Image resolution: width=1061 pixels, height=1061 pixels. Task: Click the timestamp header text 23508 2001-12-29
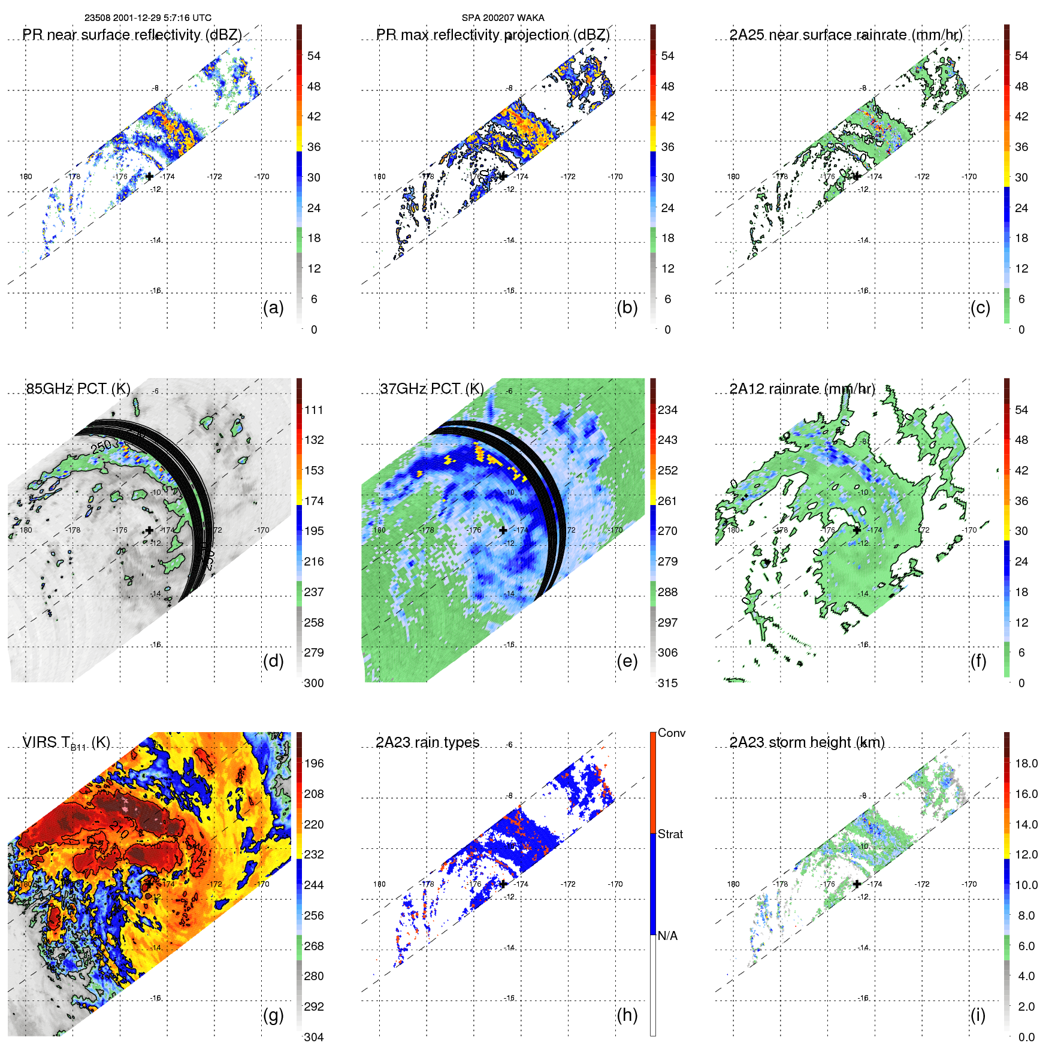point(147,18)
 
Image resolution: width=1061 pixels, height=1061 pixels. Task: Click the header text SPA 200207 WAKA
point(503,18)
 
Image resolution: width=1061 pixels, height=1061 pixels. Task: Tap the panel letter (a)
point(273,307)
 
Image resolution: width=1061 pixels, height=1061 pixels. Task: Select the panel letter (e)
point(627,661)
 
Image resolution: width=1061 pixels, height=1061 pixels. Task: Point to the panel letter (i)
point(978,1015)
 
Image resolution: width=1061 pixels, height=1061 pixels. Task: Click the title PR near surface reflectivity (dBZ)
point(132,35)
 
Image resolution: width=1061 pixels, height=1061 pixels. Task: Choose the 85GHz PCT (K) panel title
point(78,389)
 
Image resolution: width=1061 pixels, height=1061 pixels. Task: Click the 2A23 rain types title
point(427,742)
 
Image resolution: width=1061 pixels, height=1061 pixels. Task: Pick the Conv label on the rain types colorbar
point(672,733)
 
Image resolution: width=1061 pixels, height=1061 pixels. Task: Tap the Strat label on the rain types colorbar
point(670,834)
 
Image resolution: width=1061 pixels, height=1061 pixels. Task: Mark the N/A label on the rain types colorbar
point(667,936)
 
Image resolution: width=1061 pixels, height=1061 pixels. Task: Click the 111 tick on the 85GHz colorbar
point(314,410)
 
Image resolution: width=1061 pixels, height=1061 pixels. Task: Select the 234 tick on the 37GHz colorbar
point(667,410)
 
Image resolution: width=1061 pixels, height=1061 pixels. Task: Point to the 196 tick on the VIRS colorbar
point(314,763)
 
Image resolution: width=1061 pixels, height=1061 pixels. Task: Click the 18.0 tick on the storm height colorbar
point(1026,763)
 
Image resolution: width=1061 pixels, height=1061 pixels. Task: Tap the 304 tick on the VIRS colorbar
point(314,1037)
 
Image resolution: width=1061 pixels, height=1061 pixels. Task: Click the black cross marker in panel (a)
point(149,176)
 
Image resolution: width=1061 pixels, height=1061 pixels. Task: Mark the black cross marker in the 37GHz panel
point(503,530)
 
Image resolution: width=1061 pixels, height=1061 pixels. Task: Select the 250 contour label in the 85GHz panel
point(101,446)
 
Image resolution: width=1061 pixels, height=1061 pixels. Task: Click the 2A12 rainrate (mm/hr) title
point(802,389)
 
